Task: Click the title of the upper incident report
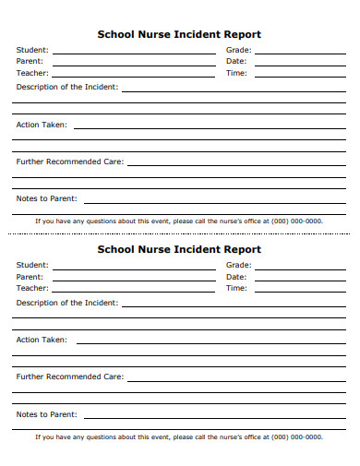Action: tap(179, 34)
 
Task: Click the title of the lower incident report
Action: tap(179, 249)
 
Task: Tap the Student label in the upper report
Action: tap(32, 50)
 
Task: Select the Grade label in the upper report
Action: tap(238, 50)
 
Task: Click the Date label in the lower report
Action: tap(236, 277)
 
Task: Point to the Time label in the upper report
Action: tap(236, 73)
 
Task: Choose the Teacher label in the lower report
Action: tap(32, 288)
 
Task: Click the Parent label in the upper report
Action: tap(30, 61)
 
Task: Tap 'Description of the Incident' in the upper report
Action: tap(66, 87)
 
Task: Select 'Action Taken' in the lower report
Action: tap(42, 340)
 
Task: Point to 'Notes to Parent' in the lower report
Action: tap(46, 414)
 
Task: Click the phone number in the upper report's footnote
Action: tap(297, 221)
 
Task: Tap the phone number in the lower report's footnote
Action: tap(297, 437)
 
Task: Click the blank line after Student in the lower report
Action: tap(134, 269)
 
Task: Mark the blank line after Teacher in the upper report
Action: tap(134, 77)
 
